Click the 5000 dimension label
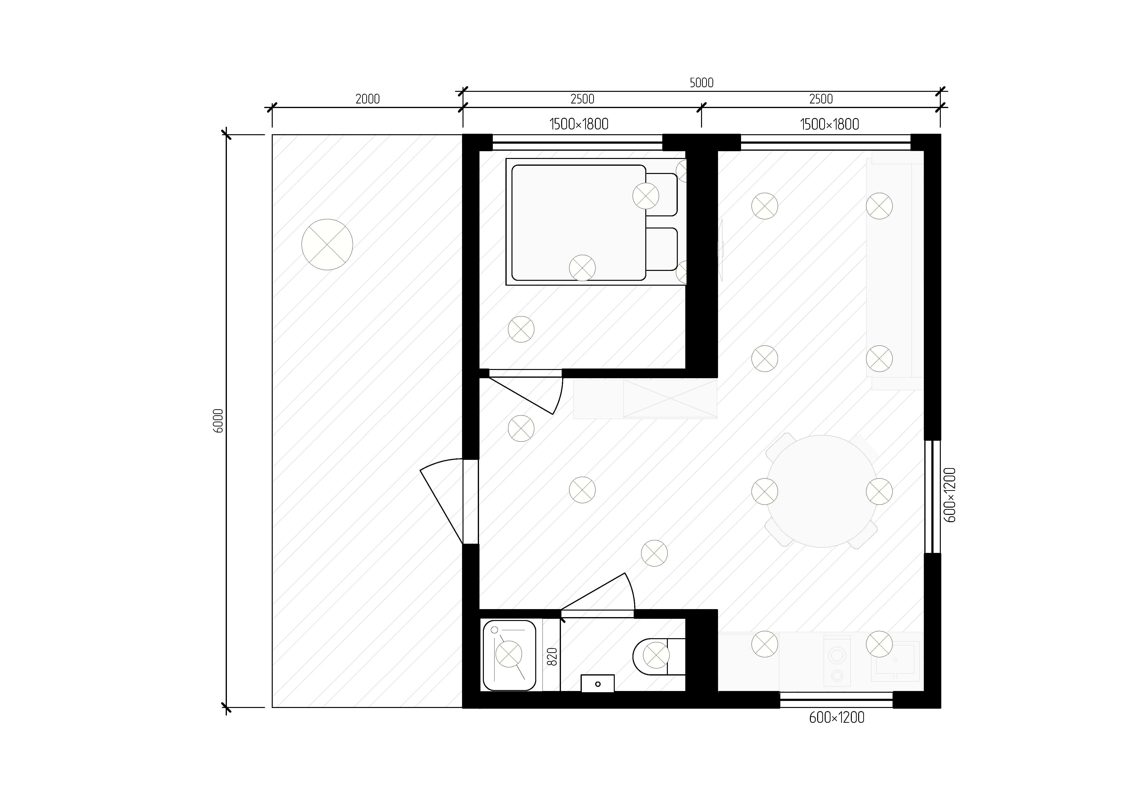coord(701,83)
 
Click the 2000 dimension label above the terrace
coord(367,99)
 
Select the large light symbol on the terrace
coord(327,244)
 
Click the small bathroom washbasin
coord(598,683)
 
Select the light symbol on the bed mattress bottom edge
coord(582,268)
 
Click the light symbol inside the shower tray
coord(509,654)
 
